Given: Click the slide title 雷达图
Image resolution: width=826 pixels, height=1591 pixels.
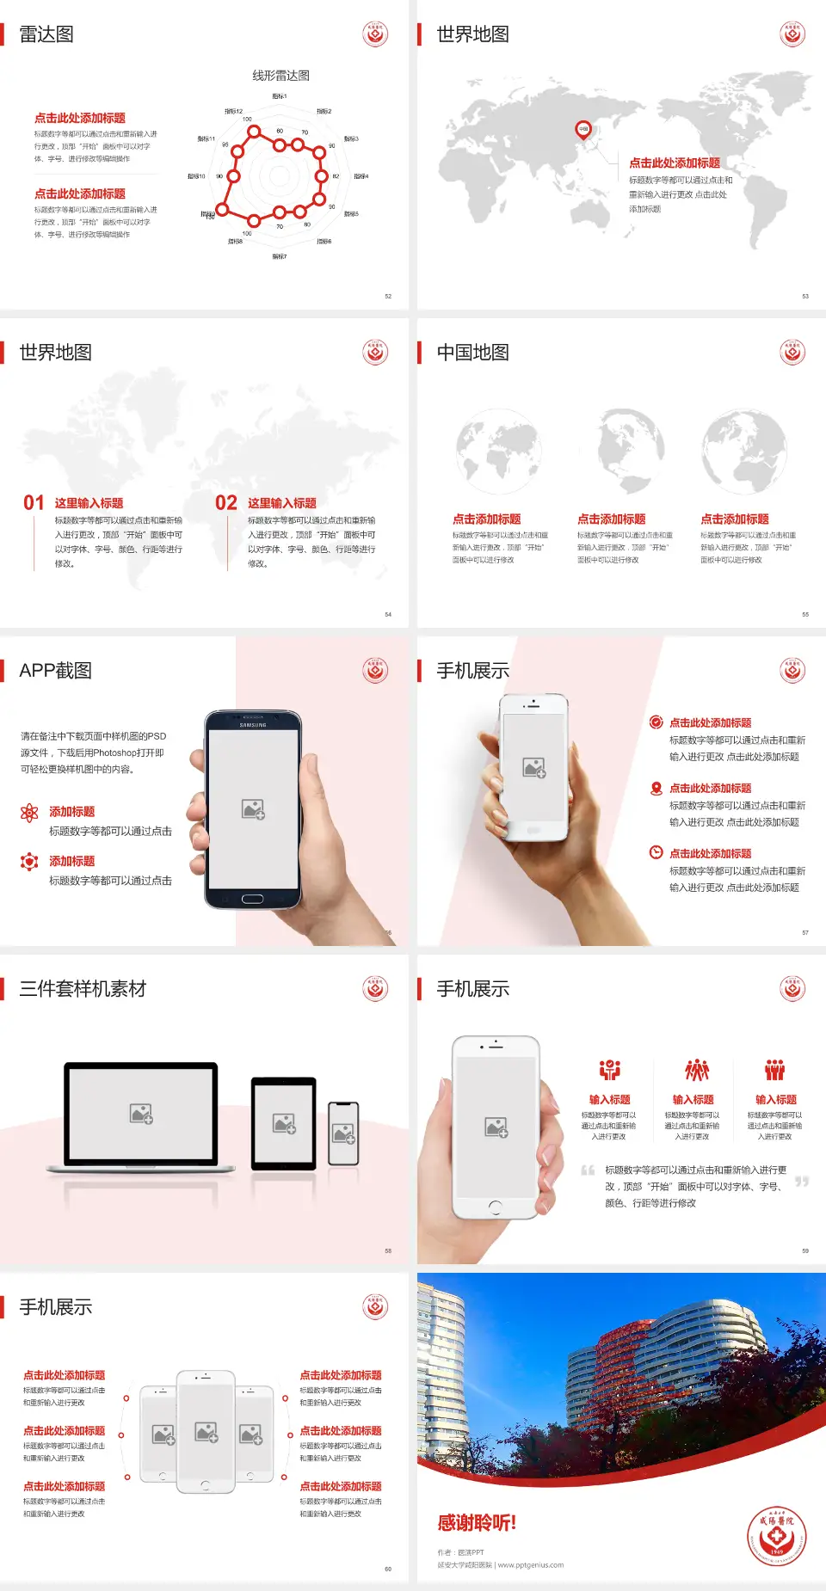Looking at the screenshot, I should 46,34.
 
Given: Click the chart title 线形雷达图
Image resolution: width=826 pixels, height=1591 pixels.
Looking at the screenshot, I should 280,76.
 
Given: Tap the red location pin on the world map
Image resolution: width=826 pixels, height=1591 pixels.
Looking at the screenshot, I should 583,130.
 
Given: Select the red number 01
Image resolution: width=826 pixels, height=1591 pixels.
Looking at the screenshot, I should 34,503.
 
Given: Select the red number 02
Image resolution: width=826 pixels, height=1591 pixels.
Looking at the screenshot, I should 226,503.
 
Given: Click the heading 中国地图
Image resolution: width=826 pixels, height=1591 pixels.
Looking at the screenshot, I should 472,353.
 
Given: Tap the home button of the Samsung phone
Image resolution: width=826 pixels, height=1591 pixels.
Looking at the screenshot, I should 252,899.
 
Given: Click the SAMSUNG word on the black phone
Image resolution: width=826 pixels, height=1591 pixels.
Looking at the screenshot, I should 253,725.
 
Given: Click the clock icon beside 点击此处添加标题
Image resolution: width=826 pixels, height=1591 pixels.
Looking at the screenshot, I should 656,852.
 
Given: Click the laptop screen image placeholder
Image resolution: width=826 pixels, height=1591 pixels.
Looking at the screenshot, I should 141,1113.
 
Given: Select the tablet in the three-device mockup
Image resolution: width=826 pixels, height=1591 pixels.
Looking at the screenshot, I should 284,1122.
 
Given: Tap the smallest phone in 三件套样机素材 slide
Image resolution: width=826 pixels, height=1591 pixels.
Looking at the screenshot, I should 343,1133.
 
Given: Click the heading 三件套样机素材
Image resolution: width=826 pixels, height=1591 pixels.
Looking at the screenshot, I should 83,989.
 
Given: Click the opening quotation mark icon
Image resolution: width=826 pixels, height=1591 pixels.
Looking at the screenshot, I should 588,1170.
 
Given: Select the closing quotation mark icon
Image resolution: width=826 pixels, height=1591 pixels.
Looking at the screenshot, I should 802,1182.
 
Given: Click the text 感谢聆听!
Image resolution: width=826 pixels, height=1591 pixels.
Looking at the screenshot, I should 477,1523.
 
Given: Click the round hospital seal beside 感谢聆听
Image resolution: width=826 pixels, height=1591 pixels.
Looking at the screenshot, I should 776,1535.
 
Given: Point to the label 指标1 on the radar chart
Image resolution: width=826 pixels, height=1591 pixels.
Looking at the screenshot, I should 280,96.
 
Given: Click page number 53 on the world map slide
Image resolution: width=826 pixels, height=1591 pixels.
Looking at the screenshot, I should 805,296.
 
